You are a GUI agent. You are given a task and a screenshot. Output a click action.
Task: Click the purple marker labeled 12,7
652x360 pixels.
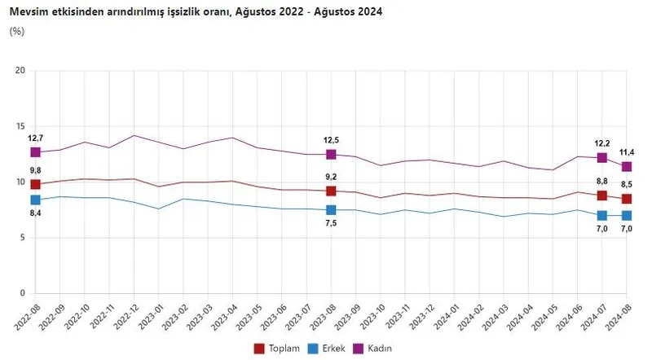[x=35, y=152]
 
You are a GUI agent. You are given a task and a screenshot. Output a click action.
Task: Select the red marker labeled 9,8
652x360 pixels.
[x=35, y=185]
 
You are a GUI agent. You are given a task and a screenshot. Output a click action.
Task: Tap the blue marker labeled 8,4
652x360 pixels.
[x=35, y=200]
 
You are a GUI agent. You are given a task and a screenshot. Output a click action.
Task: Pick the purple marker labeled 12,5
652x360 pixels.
[x=331, y=155]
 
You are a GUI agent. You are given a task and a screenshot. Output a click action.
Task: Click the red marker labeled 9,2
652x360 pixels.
[x=331, y=191]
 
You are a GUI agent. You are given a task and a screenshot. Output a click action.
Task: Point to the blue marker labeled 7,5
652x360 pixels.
[x=331, y=210]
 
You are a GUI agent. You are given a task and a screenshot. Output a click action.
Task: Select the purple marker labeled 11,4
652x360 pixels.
[x=626, y=167]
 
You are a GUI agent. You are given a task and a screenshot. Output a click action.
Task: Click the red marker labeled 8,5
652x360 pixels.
[x=626, y=199]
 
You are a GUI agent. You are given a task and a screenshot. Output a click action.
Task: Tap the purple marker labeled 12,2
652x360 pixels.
[x=601, y=158]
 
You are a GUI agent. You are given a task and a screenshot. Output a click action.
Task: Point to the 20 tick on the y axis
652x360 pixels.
[x=21, y=71]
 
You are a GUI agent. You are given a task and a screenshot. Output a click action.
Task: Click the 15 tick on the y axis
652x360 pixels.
[x=21, y=126]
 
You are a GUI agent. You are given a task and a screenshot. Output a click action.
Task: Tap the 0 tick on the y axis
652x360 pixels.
[x=24, y=293]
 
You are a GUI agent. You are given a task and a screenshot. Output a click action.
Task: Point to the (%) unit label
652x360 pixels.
[x=17, y=31]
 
